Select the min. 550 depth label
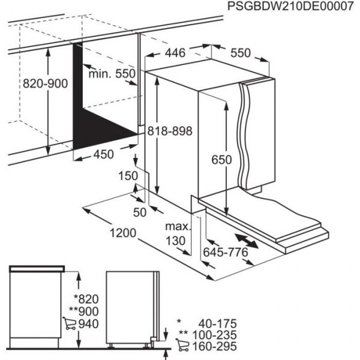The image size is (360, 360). tap(112, 73)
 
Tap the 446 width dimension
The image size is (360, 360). tap(175, 53)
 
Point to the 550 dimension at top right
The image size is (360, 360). tap(240, 53)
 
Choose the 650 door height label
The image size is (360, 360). tap(221, 160)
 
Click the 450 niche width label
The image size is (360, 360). tap(103, 154)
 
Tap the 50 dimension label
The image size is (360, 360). tap(140, 211)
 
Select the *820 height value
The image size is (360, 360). tap(84, 299)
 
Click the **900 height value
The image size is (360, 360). tap(83, 311)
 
